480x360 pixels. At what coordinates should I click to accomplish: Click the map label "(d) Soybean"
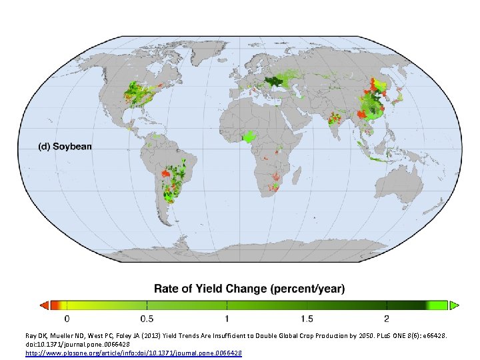(x=65, y=147)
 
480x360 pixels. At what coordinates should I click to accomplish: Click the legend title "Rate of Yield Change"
(x=249, y=289)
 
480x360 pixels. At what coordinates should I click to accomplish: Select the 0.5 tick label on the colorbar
(x=146, y=317)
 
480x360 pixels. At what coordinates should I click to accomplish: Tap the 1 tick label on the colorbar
(x=227, y=317)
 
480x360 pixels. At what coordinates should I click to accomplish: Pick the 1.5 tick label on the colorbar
(x=306, y=317)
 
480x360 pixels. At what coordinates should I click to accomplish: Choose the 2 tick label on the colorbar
(x=387, y=317)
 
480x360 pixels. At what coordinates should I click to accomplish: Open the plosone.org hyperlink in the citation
(x=134, y=351)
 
